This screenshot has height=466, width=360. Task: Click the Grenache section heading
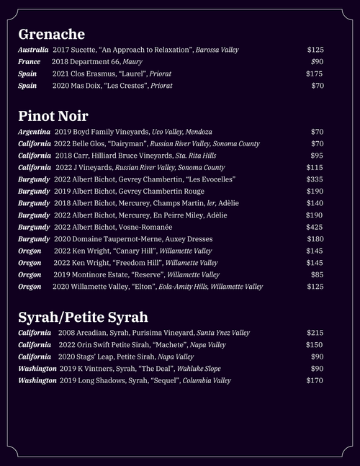[x=51, y=34]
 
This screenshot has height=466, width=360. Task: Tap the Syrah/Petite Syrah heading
[x=83, y=317]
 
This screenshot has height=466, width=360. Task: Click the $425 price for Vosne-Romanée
[x=315, y=227]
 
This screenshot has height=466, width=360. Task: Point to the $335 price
[x=315, y=179]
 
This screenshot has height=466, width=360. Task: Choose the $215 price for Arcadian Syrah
[x=315, y=333]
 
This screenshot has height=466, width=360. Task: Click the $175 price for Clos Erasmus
[x=314, y=73]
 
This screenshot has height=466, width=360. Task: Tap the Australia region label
[x=33, y=50]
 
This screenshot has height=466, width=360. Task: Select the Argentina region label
[x=34, y=132]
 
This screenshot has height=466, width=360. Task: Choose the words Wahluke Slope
[x=199, y=369]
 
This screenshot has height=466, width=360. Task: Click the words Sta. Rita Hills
[x=196, y=156]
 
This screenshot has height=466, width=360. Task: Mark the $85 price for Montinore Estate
[x=317, y=274]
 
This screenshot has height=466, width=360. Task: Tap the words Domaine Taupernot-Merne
[x=114, y=239]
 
